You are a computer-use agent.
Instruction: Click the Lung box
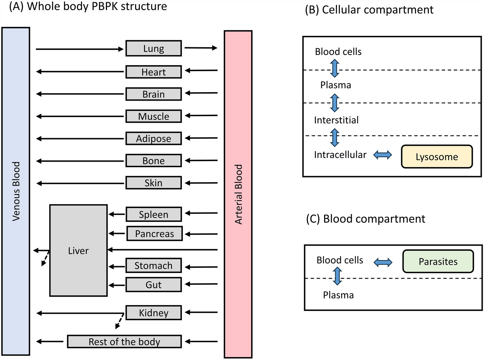(x=154, y=49)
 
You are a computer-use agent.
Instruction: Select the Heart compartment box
(x=154, y=72)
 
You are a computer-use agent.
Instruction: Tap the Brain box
(x=154, y=94)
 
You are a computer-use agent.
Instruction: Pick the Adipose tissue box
(x=154, y=139)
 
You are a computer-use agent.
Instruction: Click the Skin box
(x=154, y=183)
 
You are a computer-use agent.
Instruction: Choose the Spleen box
(x=154, y=214)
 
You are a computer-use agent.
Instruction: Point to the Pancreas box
(x=154, y=234)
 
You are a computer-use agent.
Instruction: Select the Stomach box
(x=154, y=265)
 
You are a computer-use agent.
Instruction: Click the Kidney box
(x=154, y=313)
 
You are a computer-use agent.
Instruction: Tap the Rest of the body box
(x=124, y=342)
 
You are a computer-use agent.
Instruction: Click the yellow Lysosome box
(x=437, y=157)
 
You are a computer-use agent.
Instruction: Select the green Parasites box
(x=438, y=262)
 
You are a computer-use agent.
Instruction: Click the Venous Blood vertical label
(x=16, y=191)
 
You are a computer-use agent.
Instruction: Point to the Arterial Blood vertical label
(x=238, y=194)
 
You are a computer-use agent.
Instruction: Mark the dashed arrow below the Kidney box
(x=119, y=321)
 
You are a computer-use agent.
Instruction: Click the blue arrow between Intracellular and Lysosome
(x=383, y=155)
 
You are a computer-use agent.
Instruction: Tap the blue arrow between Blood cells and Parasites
(x=383, y=262)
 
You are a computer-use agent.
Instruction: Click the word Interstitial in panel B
(x=336, y=120)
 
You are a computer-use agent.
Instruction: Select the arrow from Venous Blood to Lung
(x=79, y=49)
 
